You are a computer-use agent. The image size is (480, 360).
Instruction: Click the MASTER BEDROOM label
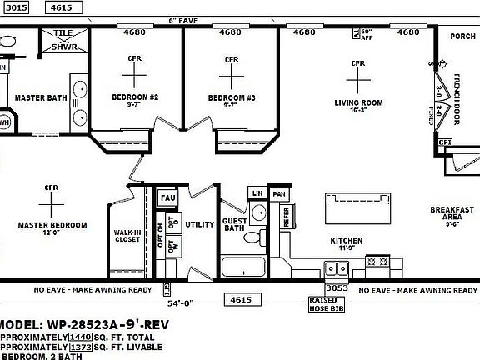[52, 225]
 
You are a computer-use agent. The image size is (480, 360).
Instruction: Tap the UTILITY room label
[200, 224]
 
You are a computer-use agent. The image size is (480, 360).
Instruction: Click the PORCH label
[462, 36]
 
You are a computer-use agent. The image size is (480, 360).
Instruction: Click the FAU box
[167, 197]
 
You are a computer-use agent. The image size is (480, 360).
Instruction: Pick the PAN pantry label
[280, 194]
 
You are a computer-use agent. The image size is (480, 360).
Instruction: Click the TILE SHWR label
[63, 39]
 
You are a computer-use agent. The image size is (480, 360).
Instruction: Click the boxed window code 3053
[336, 287]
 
